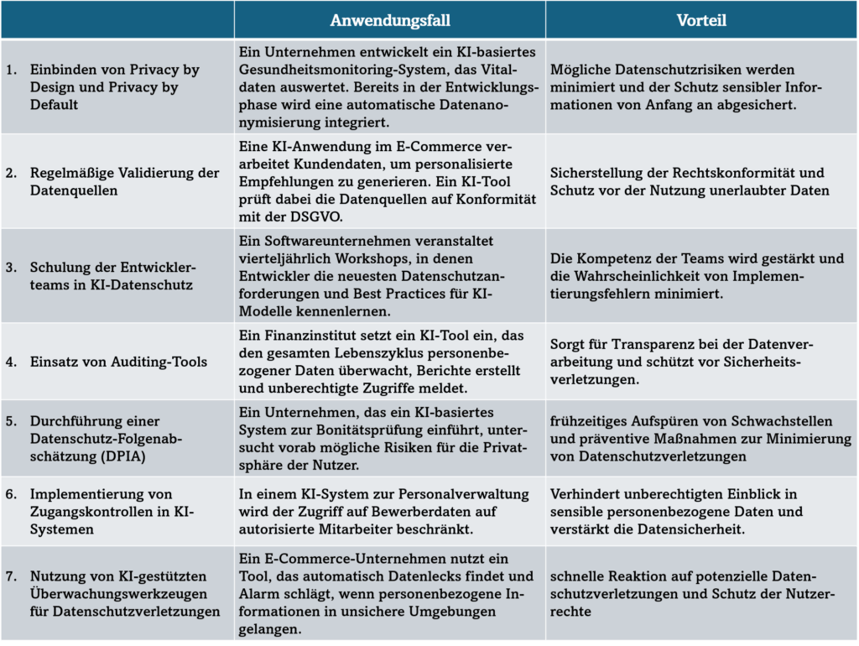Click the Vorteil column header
pyautogui.click(x=701, y=20)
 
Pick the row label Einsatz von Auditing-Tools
pyautogui.click(x=118, y=362)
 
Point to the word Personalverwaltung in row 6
pyautogui.click(x=450, y=494)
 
